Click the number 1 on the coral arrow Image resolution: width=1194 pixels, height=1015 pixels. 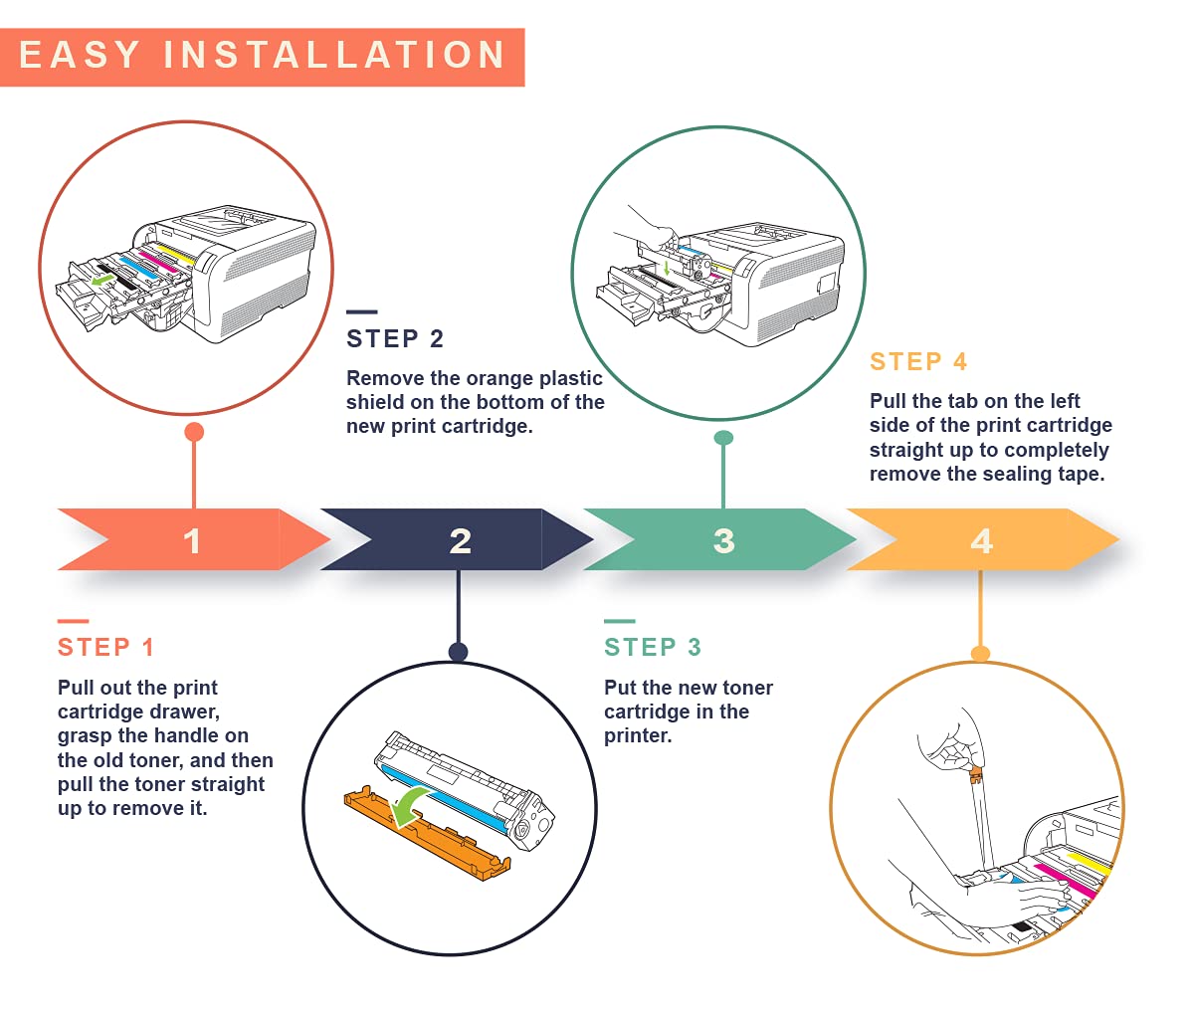[192, 541]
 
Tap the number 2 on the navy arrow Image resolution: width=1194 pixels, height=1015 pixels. [460, 541]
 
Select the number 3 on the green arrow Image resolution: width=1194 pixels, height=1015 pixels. [723, 541]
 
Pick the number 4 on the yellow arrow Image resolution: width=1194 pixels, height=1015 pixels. [981, 541]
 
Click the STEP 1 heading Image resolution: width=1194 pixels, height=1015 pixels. [105, 647]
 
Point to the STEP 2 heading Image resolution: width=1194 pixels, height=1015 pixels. [395, 338]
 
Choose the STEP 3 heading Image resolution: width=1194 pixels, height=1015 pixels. [653, 647]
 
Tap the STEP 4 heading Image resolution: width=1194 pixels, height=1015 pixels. [918, 361]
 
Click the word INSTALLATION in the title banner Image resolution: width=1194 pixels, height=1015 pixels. [335, 55]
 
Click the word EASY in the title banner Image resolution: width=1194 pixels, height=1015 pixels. [80, 55]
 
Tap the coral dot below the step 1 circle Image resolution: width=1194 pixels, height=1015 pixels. [194, 432]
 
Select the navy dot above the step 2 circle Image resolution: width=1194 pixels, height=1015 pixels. [458, 652]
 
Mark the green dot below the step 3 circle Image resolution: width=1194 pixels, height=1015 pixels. [723, 438]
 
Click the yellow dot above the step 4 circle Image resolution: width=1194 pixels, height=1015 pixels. [980, 654]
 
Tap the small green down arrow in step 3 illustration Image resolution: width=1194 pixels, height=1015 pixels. [667, 268]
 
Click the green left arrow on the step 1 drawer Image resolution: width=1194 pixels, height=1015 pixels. [102, 281]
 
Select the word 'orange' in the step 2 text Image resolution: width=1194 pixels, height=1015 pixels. [499, 378]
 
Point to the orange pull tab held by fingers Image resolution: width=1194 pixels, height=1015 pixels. [976, 771]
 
